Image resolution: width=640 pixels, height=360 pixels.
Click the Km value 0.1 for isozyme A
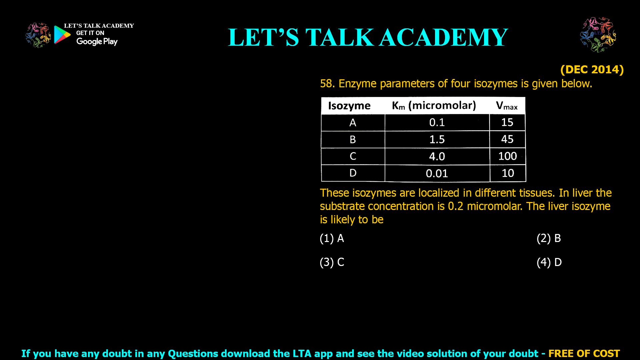pos(437,122)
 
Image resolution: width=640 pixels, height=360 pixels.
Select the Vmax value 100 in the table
pos(507,156)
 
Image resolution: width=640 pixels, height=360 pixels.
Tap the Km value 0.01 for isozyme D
pos(437,173)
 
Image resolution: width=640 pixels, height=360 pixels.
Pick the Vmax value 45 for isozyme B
pos(507,139)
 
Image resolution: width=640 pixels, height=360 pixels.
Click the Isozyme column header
pos(349,106)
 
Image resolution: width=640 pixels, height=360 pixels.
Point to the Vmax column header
pos(507,106)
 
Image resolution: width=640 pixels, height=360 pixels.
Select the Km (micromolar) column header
pos(434,106)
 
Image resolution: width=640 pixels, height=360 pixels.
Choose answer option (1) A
pos(332,238)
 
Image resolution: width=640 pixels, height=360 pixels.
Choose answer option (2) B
pos(549,238)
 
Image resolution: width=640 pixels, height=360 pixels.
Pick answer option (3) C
pos(332,262)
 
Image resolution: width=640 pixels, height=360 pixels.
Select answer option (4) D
pos(549,262)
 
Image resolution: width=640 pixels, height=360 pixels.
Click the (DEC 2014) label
pos(592,69)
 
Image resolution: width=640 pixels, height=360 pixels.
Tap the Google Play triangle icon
pos(62,35)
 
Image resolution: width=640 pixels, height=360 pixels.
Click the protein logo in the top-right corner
pos(598,35)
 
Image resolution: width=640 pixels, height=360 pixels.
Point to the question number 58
pos(327,83)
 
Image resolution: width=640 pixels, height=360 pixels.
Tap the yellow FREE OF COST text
pos(584,353)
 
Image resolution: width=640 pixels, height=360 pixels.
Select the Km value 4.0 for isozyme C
pos(437,156)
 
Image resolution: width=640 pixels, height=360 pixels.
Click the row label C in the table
pos(353,156)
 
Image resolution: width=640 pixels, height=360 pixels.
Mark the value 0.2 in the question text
pos(455,206)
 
